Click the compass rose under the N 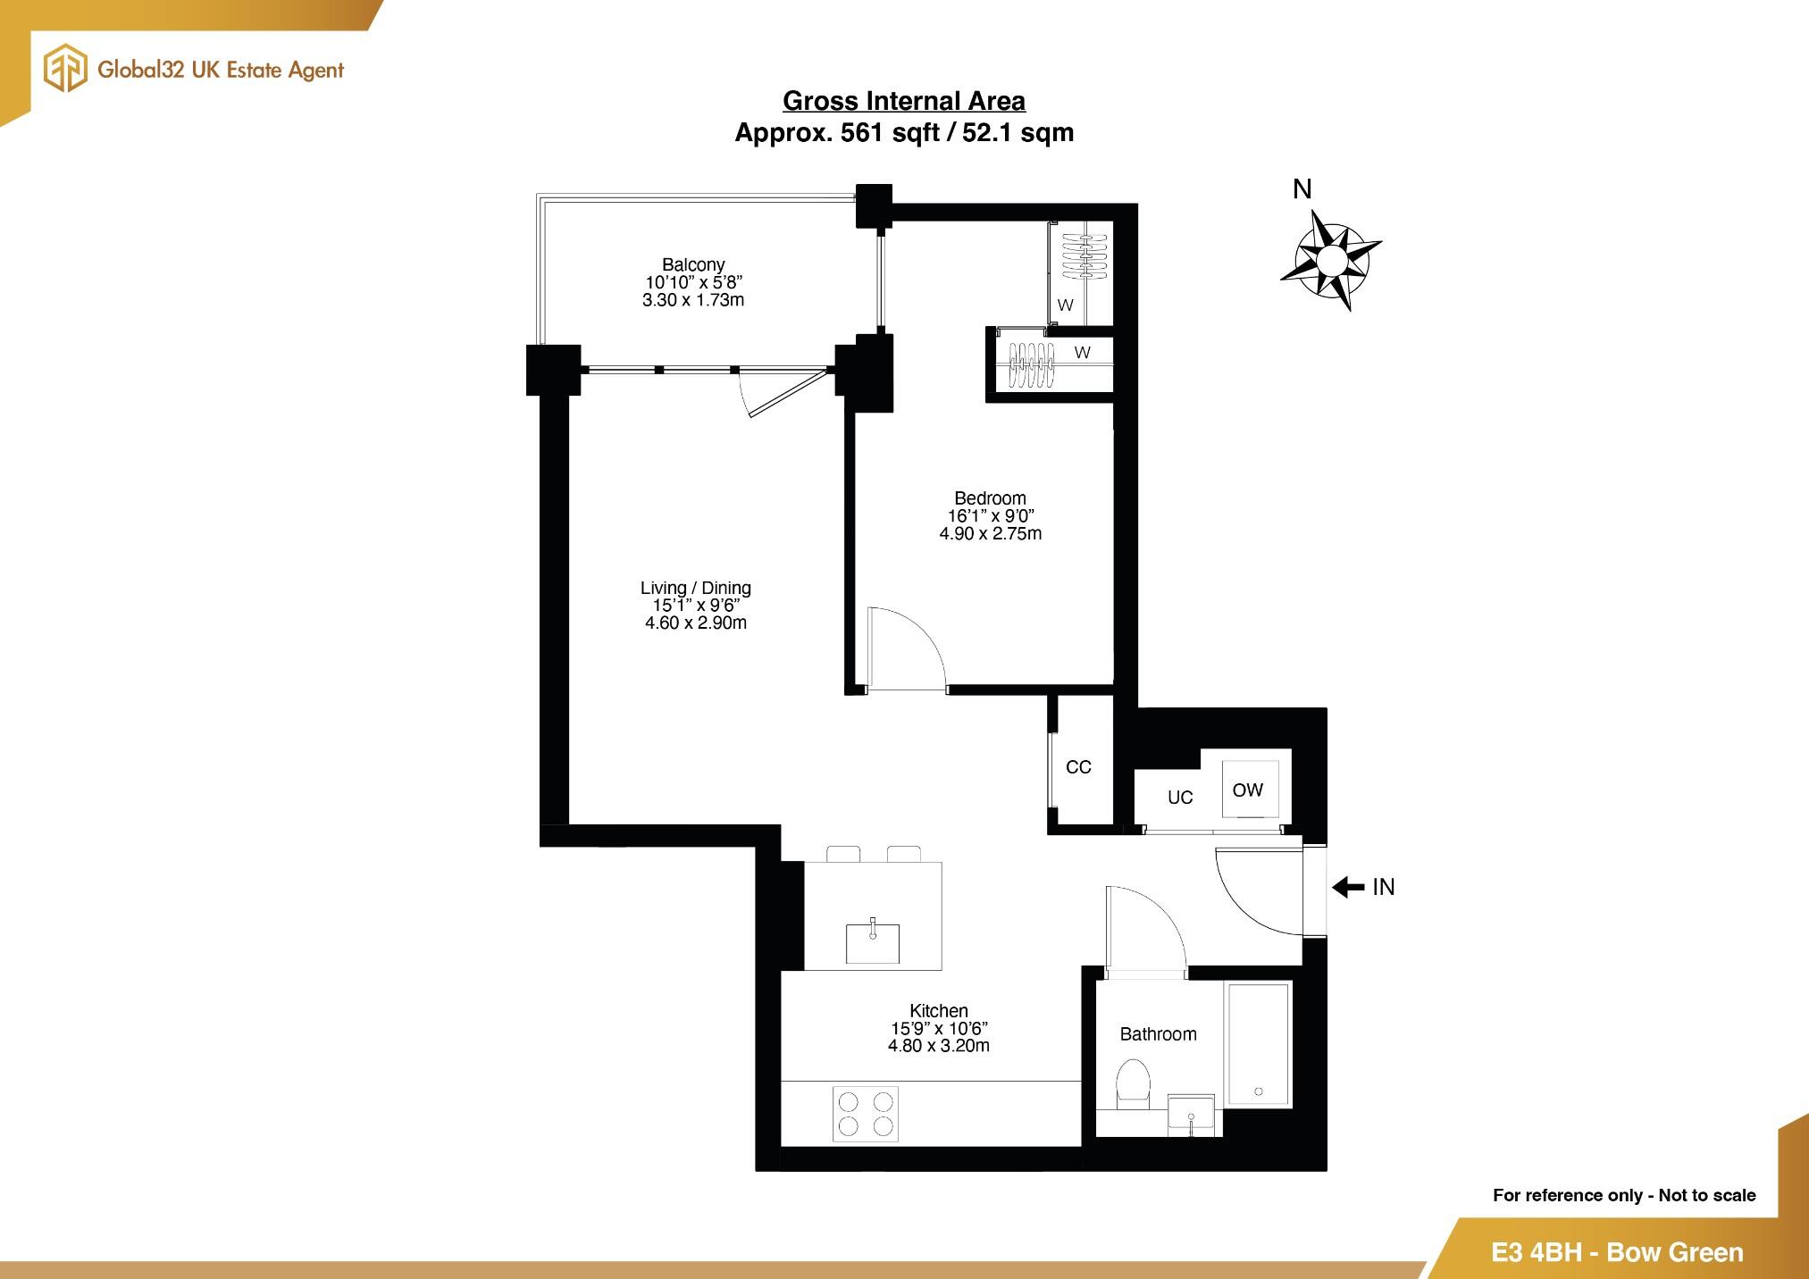(1330, 260)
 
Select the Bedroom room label (990, 498)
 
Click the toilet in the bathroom (1133, 1083)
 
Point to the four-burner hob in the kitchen (866, 1114)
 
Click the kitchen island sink (873, 943)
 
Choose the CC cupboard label (1078, 767)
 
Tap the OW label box (1248, 790)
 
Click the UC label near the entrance (1180, 798)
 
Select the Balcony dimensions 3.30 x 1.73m (693, 300)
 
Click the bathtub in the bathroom (1258, 1043)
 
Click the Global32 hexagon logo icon (66, 70)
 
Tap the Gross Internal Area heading (904, 101)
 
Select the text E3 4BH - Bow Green (1617, 1252)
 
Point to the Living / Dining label (695, 588)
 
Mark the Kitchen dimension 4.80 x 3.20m (938, 1046)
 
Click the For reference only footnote (1623, 1195)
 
